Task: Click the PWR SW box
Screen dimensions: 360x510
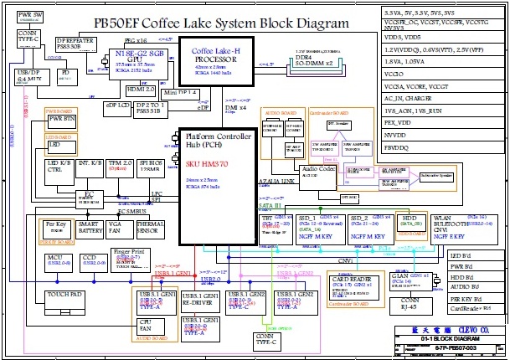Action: click(30, 16)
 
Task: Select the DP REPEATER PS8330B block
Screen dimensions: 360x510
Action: click(75, 44)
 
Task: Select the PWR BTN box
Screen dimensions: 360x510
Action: click(62, 121)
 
